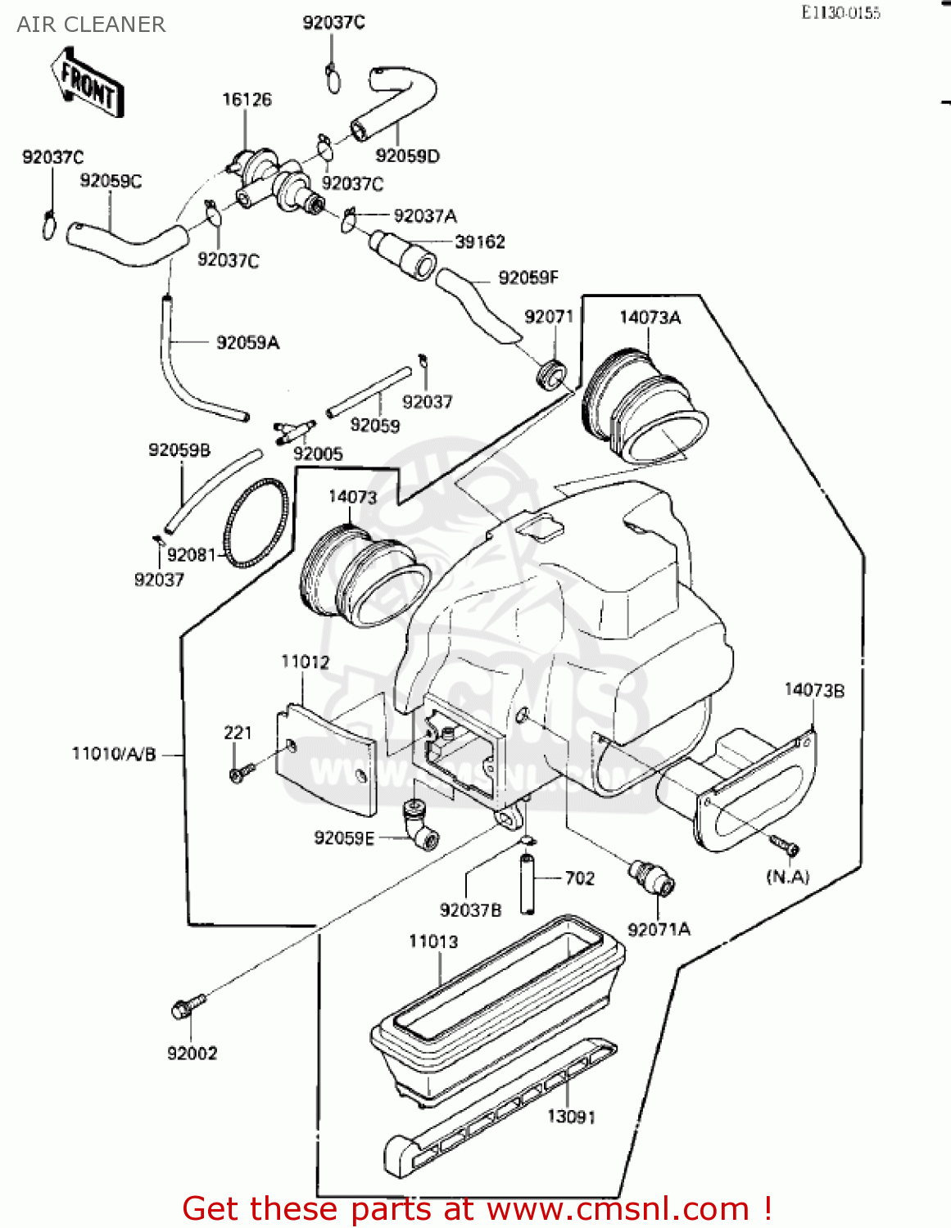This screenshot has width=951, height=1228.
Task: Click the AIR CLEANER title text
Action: [x=91, y=25]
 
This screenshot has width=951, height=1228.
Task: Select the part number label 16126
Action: [x=247, y=100]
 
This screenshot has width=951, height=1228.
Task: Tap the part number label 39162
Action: [x=480, y=242]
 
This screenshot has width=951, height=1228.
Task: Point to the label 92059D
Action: [x=407, y=156]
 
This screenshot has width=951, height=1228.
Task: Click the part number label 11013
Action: [x=433, y=941]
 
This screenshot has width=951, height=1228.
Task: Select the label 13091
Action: [x=571, y=1117]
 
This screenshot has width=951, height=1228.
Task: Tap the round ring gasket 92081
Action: [x=256, y=524]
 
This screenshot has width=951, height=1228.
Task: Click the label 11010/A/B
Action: [x=114, y=754]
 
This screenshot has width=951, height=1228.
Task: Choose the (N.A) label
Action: [x=787, y=877]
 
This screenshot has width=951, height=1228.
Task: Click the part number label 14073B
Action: [x=813, y=690]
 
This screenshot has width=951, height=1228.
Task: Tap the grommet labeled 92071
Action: [x=550, y=373]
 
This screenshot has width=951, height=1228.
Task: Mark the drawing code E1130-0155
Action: [x=840, y=12]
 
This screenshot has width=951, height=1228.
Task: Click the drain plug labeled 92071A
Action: [x=651, y=877]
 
